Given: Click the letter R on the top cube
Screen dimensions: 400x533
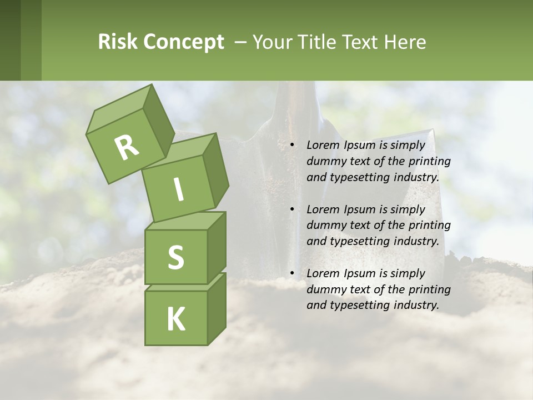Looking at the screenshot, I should point(127,148).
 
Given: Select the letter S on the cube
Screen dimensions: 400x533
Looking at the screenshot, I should point(175,258).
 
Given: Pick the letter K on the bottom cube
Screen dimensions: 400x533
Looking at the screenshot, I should point(176,319).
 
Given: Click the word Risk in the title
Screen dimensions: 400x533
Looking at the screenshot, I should point(117,42).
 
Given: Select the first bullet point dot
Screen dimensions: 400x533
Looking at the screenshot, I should point(293,146).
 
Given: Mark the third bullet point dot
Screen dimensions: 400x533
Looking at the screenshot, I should point(293,274).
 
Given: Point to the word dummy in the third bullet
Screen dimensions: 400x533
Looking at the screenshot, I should point(324,289).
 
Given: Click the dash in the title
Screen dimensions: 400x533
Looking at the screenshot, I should point(241,43).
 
